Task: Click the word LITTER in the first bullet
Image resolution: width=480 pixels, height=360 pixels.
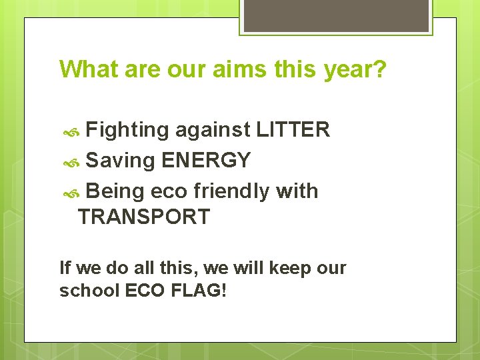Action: [x=293, y=129]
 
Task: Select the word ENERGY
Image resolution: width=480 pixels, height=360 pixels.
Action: [x=206, y=160]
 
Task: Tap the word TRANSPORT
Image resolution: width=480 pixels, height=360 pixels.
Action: [x=144, y=217]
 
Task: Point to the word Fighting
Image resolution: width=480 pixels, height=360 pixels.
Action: [x=127, y=130]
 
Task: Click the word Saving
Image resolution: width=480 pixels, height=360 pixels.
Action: [x=121, y=161]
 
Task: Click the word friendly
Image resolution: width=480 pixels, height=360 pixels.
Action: [x=232, y=191]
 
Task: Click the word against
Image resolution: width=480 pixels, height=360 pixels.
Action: [x=213, y=130]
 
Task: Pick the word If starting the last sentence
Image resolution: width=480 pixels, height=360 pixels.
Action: [x=65, y=268]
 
